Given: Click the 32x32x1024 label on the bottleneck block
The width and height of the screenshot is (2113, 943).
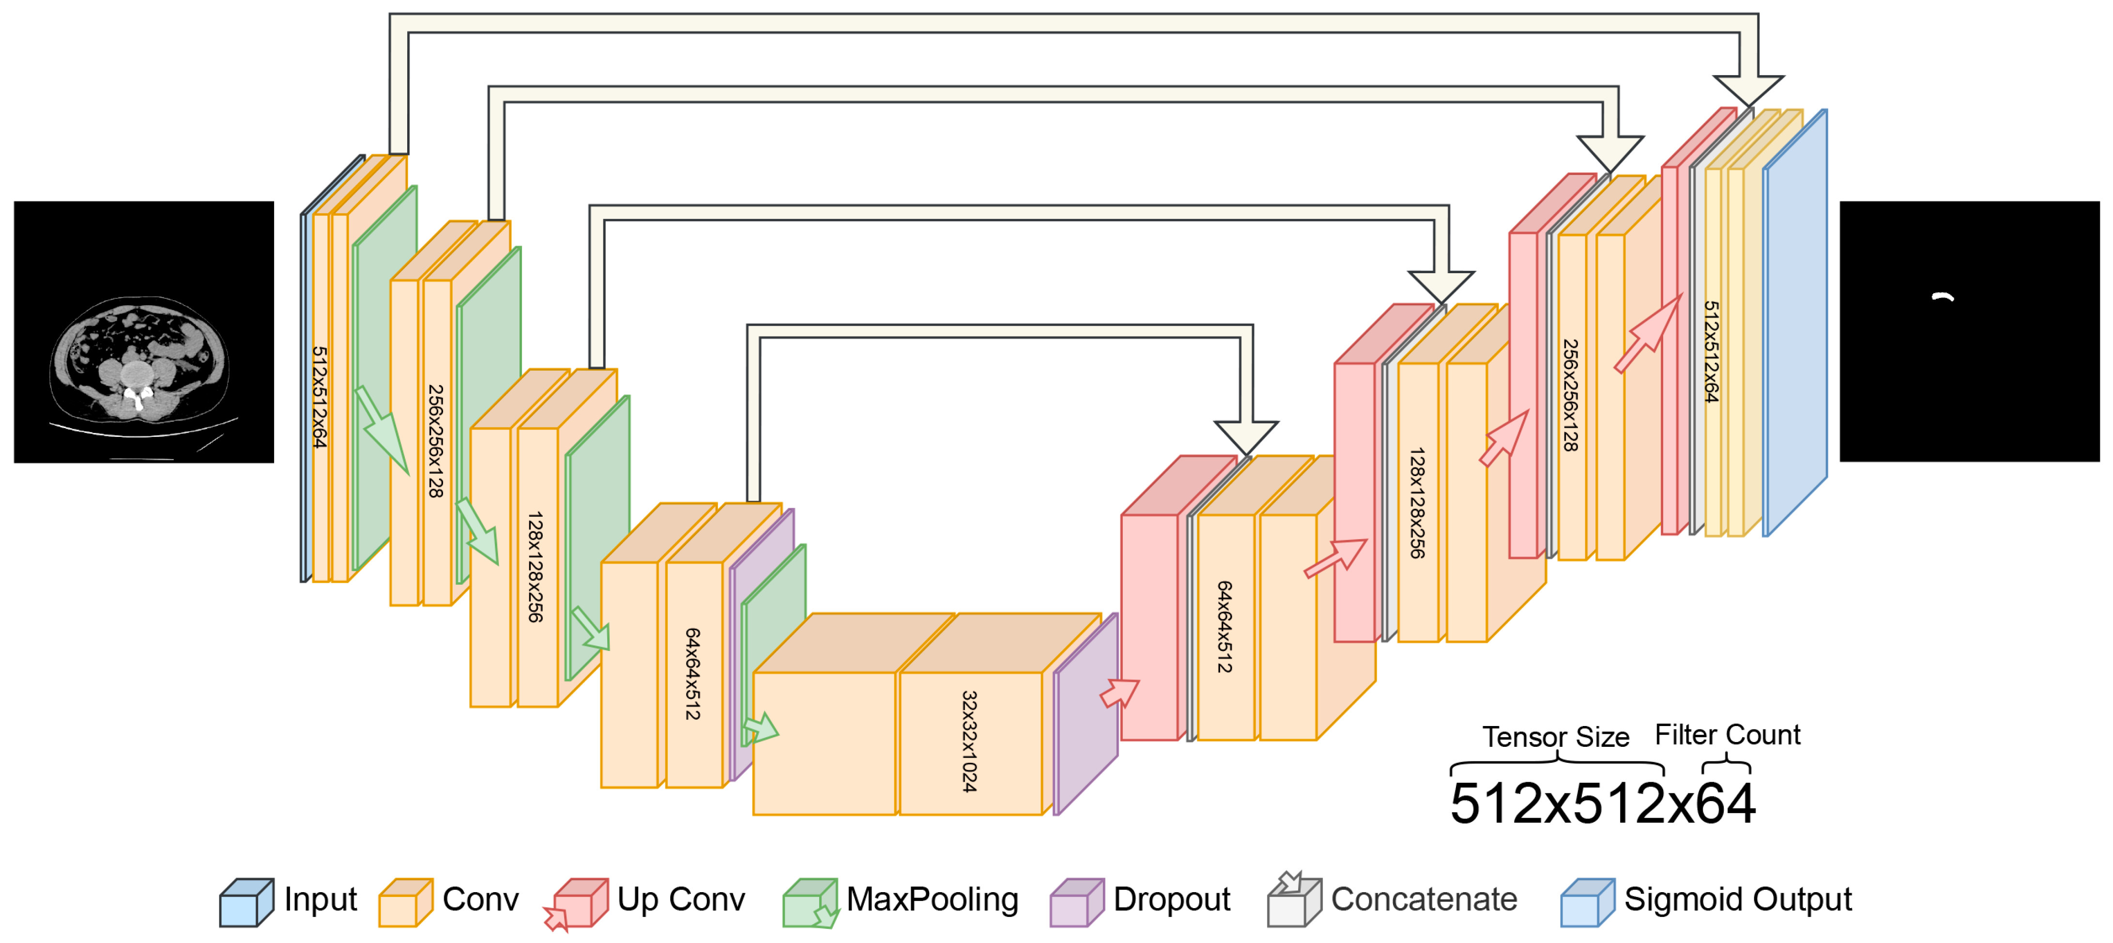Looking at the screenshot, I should [969, 741].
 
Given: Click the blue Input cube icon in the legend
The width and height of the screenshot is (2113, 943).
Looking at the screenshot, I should [245, 903].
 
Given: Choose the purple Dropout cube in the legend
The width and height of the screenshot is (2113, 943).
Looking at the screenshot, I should [1076, 903].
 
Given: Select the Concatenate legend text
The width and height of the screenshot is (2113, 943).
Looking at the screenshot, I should [1424, 899].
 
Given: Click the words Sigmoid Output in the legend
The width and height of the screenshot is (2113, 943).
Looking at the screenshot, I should [1738, 899].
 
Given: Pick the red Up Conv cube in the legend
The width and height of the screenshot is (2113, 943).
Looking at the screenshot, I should [580, 903].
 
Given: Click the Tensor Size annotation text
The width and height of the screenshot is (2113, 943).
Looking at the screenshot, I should [1555, 737].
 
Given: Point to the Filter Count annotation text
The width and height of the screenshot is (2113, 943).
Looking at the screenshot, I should [1728, 735].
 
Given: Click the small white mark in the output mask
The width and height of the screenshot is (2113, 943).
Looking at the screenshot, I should [1943, 297].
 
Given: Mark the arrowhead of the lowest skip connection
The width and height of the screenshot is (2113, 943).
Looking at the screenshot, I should [1245, 435].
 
